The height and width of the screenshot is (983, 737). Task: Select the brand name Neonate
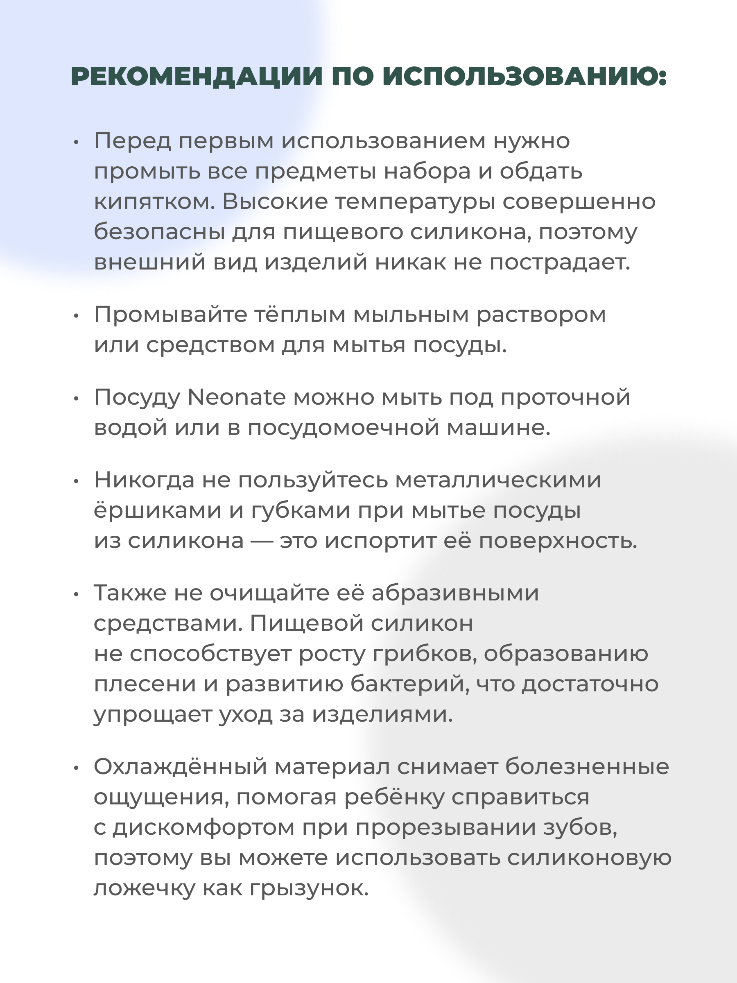[x=236, y=397]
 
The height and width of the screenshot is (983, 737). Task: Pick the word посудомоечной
[x=344, y=428]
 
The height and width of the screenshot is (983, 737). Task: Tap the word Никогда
[x=144, y=480]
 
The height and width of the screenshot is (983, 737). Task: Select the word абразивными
[x=455, y=593]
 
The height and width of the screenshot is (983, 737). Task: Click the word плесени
[x=145, y=684]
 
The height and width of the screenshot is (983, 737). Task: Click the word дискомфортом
[x=203, y=827]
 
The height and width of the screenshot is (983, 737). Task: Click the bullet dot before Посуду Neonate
[x=76, y=399]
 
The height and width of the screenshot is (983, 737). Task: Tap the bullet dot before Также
[x=76, y=595]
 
